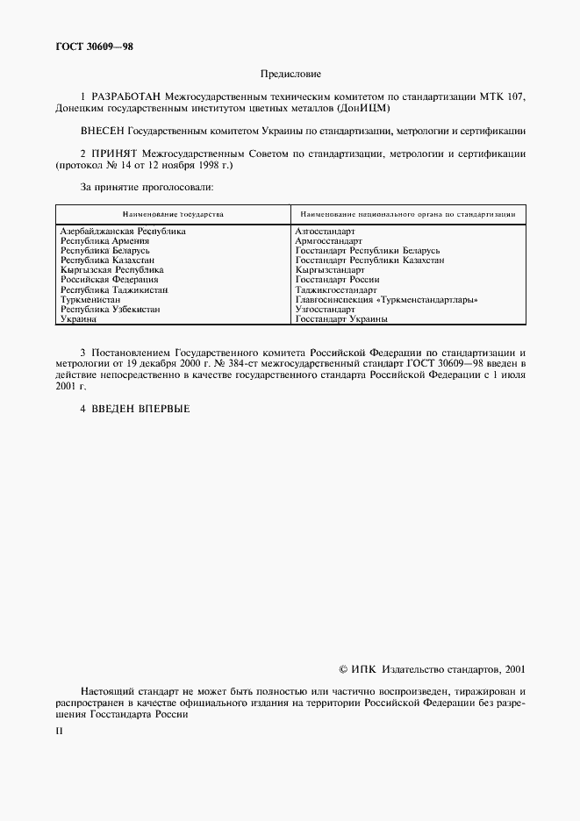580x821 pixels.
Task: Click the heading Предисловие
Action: [290, 75]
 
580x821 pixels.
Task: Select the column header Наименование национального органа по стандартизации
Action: [406, 214]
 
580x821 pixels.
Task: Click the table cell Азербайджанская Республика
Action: [122, 232]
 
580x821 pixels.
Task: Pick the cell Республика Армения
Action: [104, 241]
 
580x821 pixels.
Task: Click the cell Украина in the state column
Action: [77, 319]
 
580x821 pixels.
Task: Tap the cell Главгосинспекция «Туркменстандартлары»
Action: [386, 300]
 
